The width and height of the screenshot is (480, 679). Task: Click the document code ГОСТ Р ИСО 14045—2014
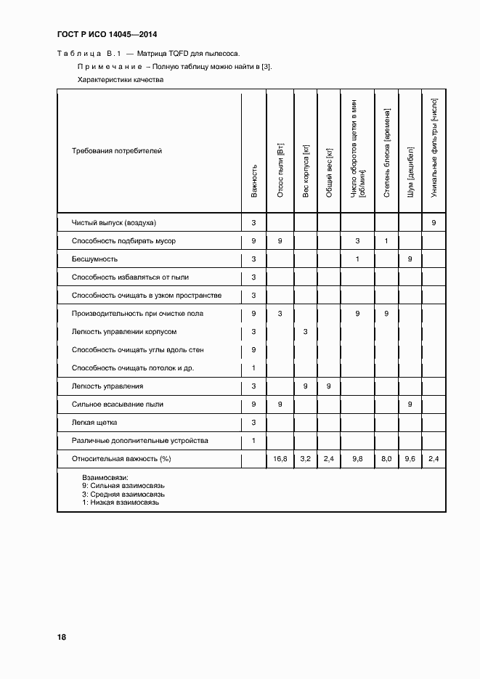pos(107,34)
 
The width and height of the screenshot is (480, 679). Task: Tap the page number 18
pos(62,637)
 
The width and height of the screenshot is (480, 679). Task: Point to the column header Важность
pos(254,182)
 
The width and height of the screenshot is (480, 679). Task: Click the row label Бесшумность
pos(94,259)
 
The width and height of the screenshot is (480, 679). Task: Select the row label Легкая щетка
pos(94,423)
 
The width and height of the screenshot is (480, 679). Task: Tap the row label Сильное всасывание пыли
pos(118,404)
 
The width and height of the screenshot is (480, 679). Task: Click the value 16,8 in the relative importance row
pos(280,460)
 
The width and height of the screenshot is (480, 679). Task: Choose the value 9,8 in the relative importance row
pos(357,460)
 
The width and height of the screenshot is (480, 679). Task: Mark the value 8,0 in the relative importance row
pos(386,460)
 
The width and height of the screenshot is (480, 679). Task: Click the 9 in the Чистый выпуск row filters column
pos(434,222)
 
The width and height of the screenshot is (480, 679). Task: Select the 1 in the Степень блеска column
pos(386,241)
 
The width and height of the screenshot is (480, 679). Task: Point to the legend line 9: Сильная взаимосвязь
pos(124,484)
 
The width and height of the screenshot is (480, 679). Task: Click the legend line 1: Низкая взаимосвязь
pos(121,502)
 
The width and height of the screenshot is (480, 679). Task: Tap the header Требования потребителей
pos(117,151)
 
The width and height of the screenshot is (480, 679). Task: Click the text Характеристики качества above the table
pos(121,80)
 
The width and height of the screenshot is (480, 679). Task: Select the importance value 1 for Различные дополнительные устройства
pos(253,441)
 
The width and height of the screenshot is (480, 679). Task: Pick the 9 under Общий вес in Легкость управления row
pos(328,386)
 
